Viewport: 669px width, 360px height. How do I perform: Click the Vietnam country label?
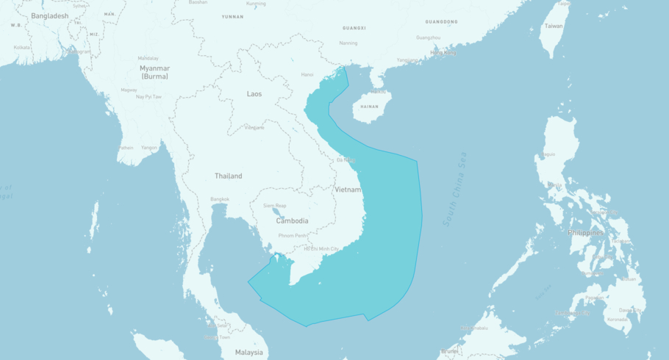pyautogui.click(x=348, y=190)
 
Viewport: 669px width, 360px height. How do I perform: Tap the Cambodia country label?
pyautogui.click(x=292, y=220)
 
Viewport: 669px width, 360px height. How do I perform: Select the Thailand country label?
pyautogui.click(x=228, y=176)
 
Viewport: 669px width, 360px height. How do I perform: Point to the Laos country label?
pyautogui.click(x=254, y=94)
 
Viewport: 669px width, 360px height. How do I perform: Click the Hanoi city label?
pyautogui.click(x=307, y=74)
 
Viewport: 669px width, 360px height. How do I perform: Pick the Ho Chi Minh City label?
pyautogui.click(x=321, y=249)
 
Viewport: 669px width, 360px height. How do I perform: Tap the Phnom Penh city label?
pyautogui.click(x=293, y=235)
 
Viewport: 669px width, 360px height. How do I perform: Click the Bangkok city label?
pyautogui.click(x=220, y=199)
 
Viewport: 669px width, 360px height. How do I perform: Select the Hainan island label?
pyautogui.click(x=370, y=107)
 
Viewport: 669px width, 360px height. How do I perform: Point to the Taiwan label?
pyautogui.click(x=553, y=26)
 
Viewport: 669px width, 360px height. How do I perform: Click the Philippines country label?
pyautogui.click(x=585, y=233)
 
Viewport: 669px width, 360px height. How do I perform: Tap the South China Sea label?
pyautogui.click(x=454, y=189)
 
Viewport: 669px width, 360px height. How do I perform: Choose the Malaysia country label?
pyautogui.click(x=249, y=353)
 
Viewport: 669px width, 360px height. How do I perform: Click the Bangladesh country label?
pyautogui.click(x=50, y=16)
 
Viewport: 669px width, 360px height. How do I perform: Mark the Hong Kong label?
pyautogui.click(x=443, y=53)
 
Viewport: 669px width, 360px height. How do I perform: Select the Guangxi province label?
pyautogui.click(x=354, y=28)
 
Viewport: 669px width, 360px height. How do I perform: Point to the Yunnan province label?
pyautogui.click(x=232, y=16)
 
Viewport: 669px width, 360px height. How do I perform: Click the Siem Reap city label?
pyautogui.click(x=275, y=206)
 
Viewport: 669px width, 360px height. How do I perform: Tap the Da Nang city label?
pyautogui.click(x=346, y=159)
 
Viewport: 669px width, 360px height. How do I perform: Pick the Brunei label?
pyautogui.click(x=449, y=351)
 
